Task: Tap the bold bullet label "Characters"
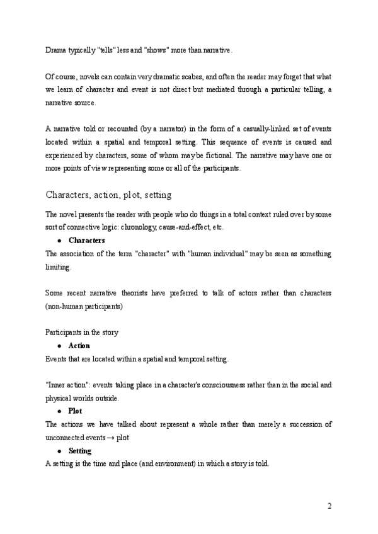point(86,241)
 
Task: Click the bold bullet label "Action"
point(79,346)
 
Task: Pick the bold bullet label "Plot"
point(75,411)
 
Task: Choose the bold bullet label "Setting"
point(79,451)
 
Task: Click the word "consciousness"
point(203,385)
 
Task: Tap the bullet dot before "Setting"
point(59,452)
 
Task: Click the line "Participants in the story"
point(82,332)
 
